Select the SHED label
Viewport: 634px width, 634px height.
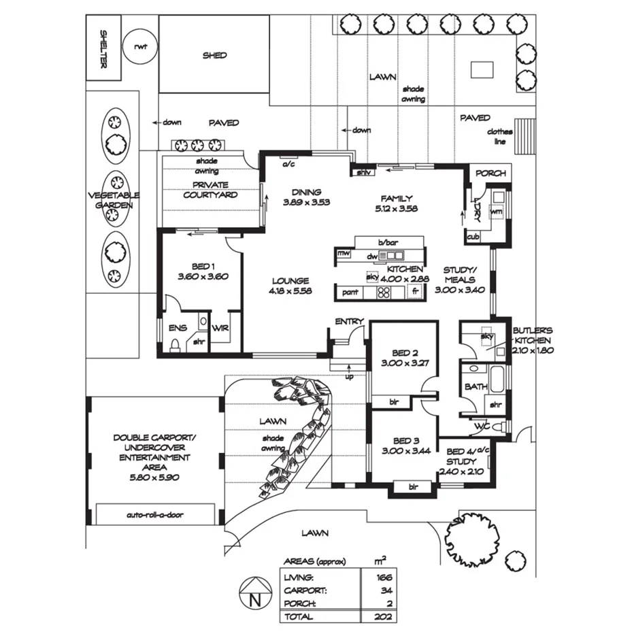(214, 55)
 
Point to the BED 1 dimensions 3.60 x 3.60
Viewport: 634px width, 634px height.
(202, 277)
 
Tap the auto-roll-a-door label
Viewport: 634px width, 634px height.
(154, 515)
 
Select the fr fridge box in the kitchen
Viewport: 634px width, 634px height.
(415, 292)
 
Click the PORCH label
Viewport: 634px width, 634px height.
(490, 173)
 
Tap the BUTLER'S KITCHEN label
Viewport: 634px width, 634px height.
(533, 338)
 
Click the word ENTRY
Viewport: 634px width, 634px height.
(350, 322)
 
